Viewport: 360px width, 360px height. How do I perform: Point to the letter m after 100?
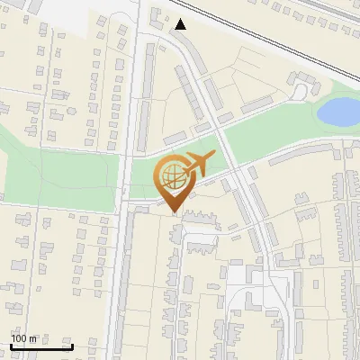pos(33,339)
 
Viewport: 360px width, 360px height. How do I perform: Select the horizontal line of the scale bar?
pos(41,347)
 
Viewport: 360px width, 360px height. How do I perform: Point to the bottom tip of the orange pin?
pos(174,213)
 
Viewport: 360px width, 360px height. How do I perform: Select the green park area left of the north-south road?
pos(54,175)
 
